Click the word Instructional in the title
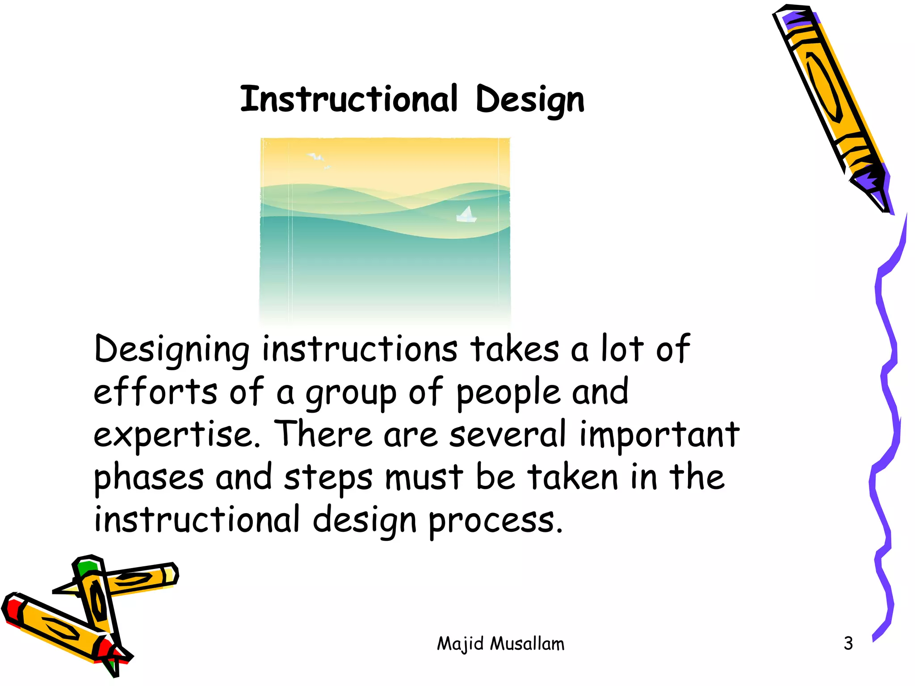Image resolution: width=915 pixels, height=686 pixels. pos(349,99)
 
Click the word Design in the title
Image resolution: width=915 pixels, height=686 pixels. pos(530,100)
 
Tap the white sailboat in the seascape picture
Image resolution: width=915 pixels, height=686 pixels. pos(466,214)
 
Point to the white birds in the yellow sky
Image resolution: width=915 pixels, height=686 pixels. pos(318,159)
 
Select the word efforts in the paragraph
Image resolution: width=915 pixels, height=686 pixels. pos(155,392)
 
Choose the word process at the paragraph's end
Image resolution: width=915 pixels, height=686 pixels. pos(495,521)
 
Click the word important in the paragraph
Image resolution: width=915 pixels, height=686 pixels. pos(659,434)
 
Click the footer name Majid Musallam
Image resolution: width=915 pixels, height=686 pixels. pos(500,644)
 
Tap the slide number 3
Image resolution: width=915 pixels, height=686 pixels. pos(848,644)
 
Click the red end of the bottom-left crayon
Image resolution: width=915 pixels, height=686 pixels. pos(13,610)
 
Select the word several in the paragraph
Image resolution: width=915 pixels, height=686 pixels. pos(508,434)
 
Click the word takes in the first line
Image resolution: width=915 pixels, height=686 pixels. pos(514,349)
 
